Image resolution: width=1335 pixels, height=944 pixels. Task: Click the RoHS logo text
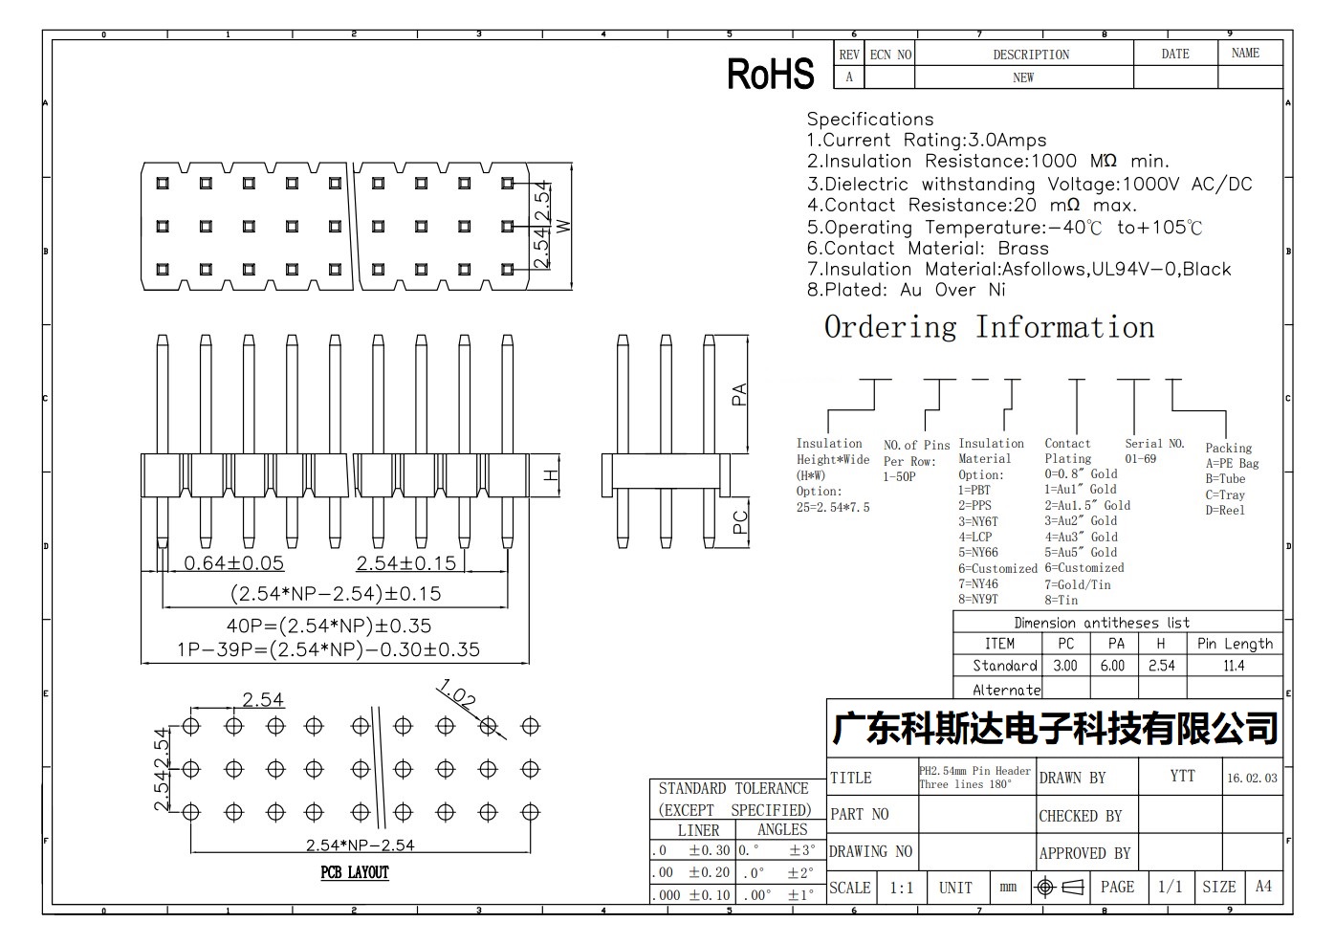770,74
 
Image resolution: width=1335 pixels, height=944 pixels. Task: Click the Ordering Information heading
990,327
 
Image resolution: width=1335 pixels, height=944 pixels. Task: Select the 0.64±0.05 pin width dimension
233,562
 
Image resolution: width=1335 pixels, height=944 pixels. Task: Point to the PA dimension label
739,394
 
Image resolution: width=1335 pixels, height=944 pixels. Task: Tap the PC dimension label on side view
739,522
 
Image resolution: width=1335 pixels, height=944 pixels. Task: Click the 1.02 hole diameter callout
456,694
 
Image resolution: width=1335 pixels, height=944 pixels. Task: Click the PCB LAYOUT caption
355,872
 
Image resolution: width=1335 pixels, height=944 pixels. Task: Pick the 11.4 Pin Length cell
1234,665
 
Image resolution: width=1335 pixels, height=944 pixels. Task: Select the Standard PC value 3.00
1065,665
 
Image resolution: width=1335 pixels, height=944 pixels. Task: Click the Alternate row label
1007,690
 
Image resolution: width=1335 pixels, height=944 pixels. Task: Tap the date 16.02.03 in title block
1252,778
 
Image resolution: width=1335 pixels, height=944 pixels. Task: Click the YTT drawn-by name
1182,776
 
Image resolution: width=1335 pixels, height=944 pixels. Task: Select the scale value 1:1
901,888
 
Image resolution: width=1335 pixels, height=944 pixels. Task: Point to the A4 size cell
1263,887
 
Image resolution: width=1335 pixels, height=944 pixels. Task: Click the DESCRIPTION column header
1031,55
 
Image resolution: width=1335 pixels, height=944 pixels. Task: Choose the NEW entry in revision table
1023,77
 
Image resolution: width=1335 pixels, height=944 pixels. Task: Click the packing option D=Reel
1225,510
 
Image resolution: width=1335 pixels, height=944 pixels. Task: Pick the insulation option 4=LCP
975,537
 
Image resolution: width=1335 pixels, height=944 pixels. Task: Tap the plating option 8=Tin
1061,600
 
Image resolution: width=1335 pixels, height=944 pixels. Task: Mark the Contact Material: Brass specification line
928,248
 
